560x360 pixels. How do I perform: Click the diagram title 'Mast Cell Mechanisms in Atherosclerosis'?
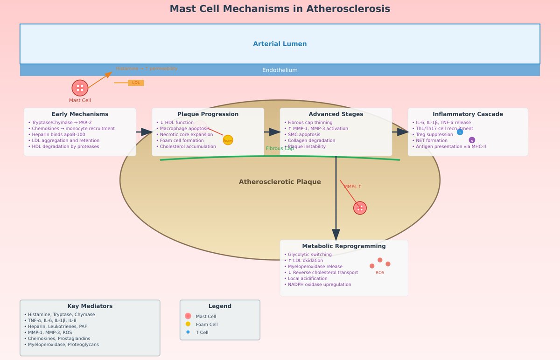point(280,9)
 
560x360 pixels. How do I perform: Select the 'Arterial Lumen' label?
point(280,44)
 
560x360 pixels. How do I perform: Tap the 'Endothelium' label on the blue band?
point(280,70)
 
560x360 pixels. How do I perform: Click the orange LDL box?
point(136,83)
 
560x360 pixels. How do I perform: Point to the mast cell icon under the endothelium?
point(80,88)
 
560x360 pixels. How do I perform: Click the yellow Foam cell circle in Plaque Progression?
point(228,140)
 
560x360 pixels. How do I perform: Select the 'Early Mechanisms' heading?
point(80,114)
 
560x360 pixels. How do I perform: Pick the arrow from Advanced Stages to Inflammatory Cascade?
point(400,132)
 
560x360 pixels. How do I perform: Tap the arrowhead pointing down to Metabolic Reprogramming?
point(336,234)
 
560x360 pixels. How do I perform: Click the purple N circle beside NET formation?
point(472,140)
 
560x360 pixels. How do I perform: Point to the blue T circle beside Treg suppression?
point(460,132)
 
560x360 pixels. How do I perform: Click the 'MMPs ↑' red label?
point(352,187)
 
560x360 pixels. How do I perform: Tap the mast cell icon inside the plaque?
point(360,208)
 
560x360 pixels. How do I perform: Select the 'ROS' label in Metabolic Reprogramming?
point(380,272)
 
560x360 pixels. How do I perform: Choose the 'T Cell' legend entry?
point(202,332)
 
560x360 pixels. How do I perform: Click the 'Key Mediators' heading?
point(90,306)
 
